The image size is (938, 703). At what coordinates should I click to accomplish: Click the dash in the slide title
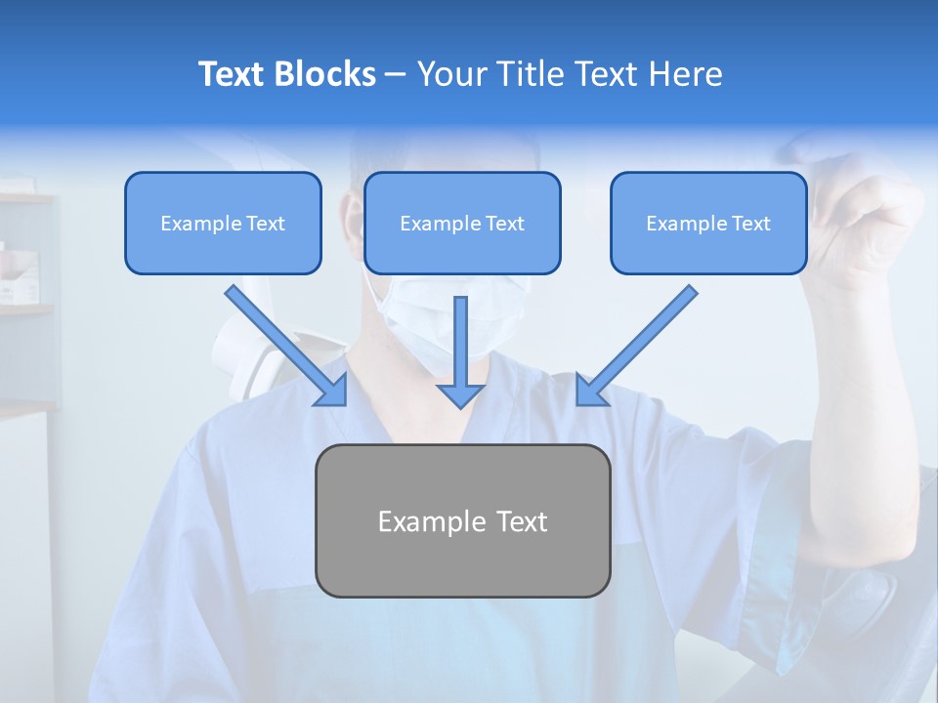coord(396,74)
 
